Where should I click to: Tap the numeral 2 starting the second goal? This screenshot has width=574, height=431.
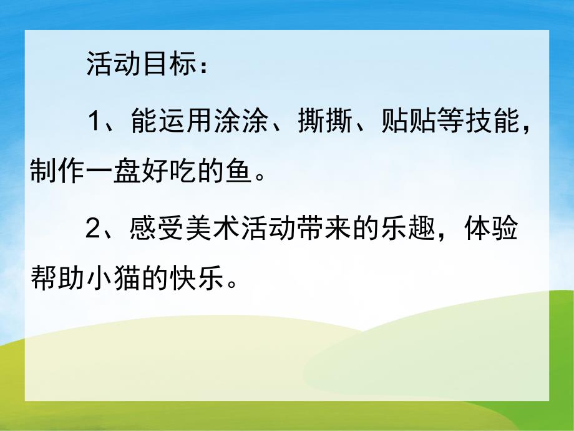click(94, 232)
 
